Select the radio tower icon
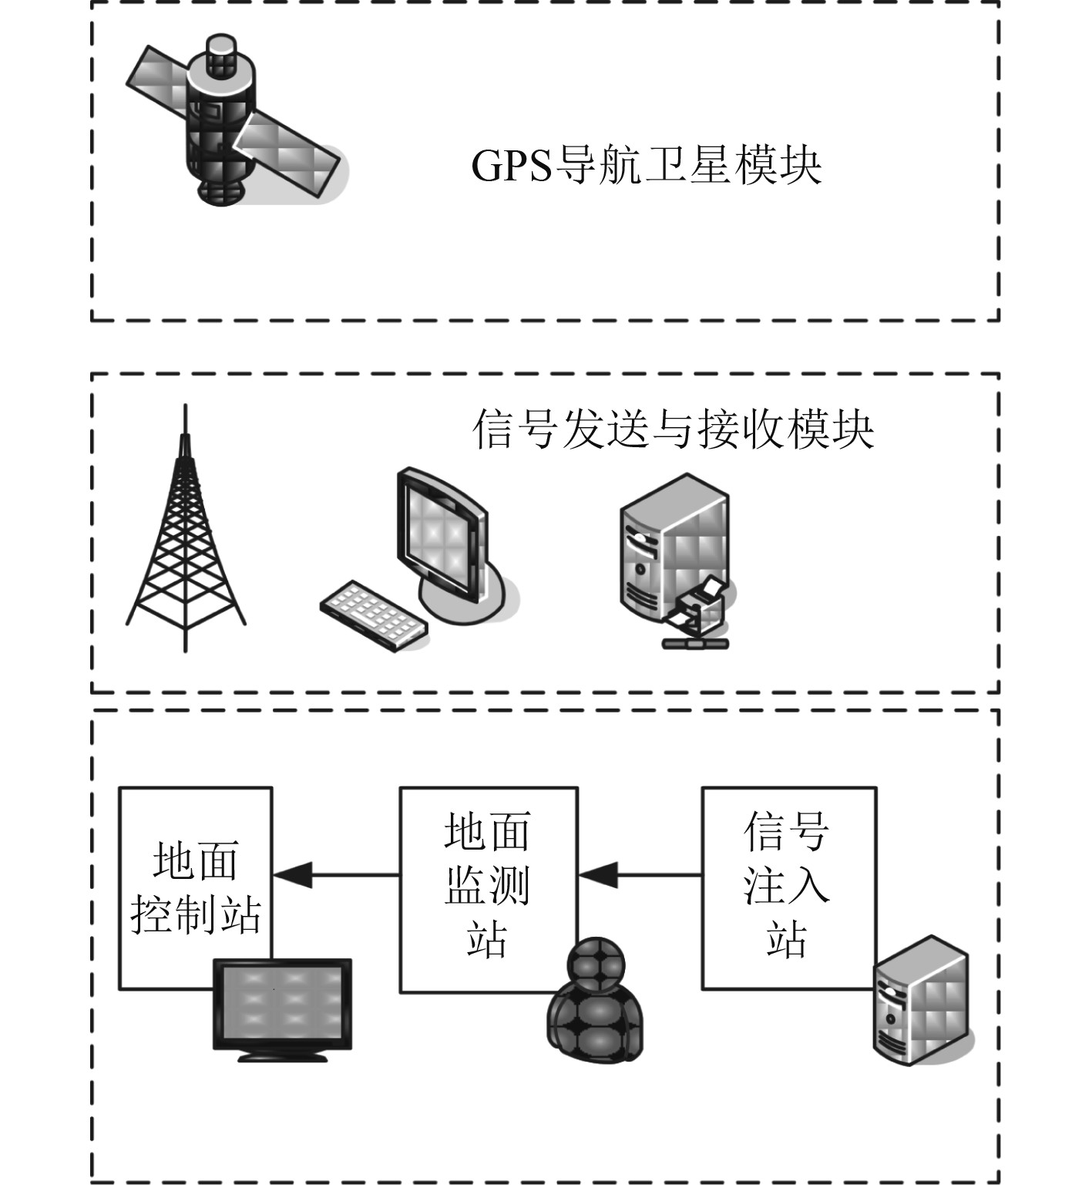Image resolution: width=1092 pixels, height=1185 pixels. coord(185,540)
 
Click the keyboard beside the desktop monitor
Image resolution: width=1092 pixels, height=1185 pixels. coord(375,614)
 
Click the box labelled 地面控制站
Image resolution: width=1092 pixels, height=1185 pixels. coord(195,871)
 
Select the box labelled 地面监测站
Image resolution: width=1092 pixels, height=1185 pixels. coord(487,871)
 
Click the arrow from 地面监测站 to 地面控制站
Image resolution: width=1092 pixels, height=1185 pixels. coord(336,875)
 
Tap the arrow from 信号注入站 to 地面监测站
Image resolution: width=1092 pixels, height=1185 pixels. coord(640,875)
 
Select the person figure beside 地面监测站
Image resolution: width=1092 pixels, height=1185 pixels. coord(594,1002)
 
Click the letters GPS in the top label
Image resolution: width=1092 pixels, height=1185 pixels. coord(511,165)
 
